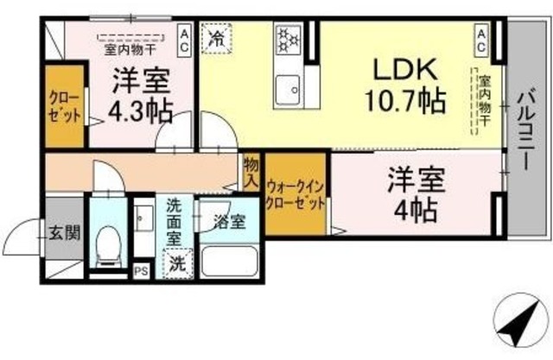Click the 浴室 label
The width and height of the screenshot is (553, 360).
pos(229,221)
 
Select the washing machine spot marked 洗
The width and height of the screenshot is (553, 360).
pos(176,262)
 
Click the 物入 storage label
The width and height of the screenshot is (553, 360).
pos(251,173)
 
